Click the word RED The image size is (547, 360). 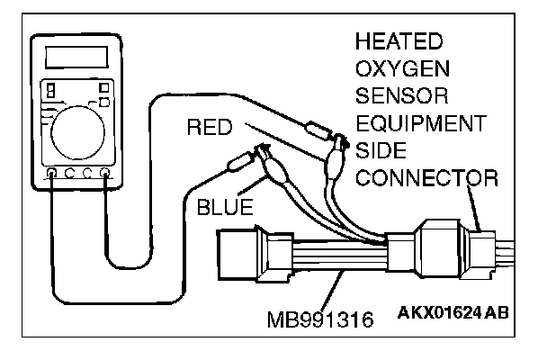211,128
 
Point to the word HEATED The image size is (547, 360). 399,42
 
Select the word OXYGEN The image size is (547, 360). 402,69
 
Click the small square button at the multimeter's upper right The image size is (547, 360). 106,87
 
